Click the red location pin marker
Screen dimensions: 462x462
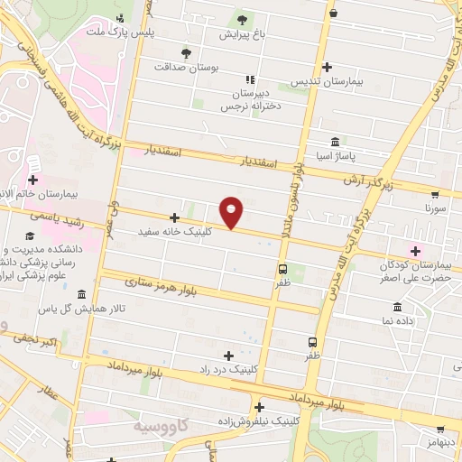point(232,212)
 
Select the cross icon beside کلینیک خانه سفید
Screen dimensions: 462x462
point(174,217)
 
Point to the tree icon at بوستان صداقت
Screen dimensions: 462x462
point(186,52)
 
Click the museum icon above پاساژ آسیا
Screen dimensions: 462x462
point(336,142)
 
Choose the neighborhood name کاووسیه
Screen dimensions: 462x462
point(163,424)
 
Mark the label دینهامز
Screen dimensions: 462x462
point(443,441)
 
